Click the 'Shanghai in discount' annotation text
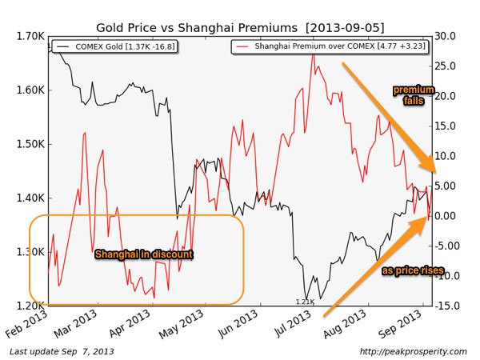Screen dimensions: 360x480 coord(144,254)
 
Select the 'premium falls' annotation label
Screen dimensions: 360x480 coord(414,96)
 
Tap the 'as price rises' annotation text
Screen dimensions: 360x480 coord(413,271)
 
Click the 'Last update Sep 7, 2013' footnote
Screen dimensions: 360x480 coord(62,351)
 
